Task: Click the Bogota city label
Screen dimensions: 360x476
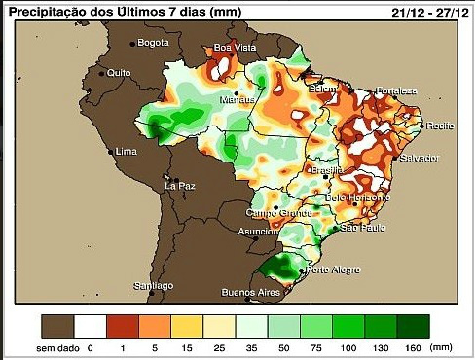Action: coord(153,43)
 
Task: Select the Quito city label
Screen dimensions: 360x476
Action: coord(119,72)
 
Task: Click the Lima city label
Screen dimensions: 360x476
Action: coord(126,152)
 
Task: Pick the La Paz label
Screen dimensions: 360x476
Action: coord(180,185)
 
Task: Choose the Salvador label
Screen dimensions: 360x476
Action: coord(420,157)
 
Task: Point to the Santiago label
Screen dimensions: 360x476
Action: coord(154,285)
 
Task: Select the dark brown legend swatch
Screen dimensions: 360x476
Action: coord(59,325)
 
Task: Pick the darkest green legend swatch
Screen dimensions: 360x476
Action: coord(413,325)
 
